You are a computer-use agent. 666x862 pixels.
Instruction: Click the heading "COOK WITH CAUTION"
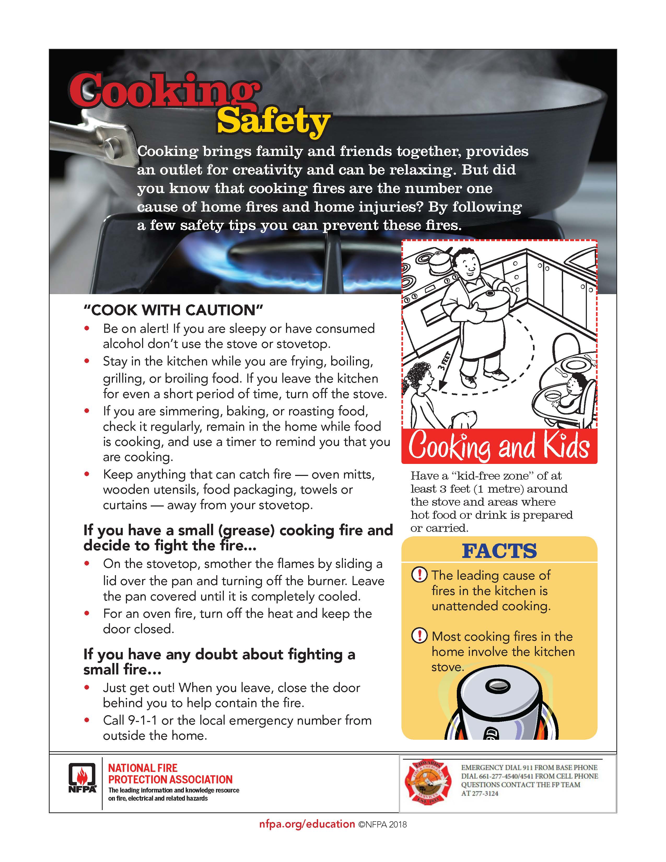click(173, 310)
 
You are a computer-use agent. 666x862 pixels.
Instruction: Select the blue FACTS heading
click(499, 551)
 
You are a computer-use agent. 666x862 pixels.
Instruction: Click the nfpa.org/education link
click(307, 824)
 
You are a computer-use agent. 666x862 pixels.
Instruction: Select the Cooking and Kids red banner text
click(499, 446)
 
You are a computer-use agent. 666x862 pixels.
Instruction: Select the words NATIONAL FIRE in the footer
click(143, 768)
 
